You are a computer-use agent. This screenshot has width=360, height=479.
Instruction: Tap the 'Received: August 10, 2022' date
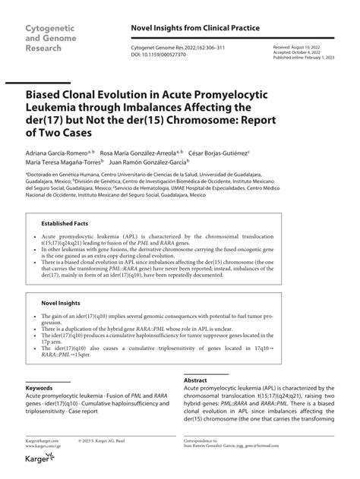[x=299, y=47]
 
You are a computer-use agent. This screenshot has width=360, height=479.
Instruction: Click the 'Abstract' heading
[x=196, y=380]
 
